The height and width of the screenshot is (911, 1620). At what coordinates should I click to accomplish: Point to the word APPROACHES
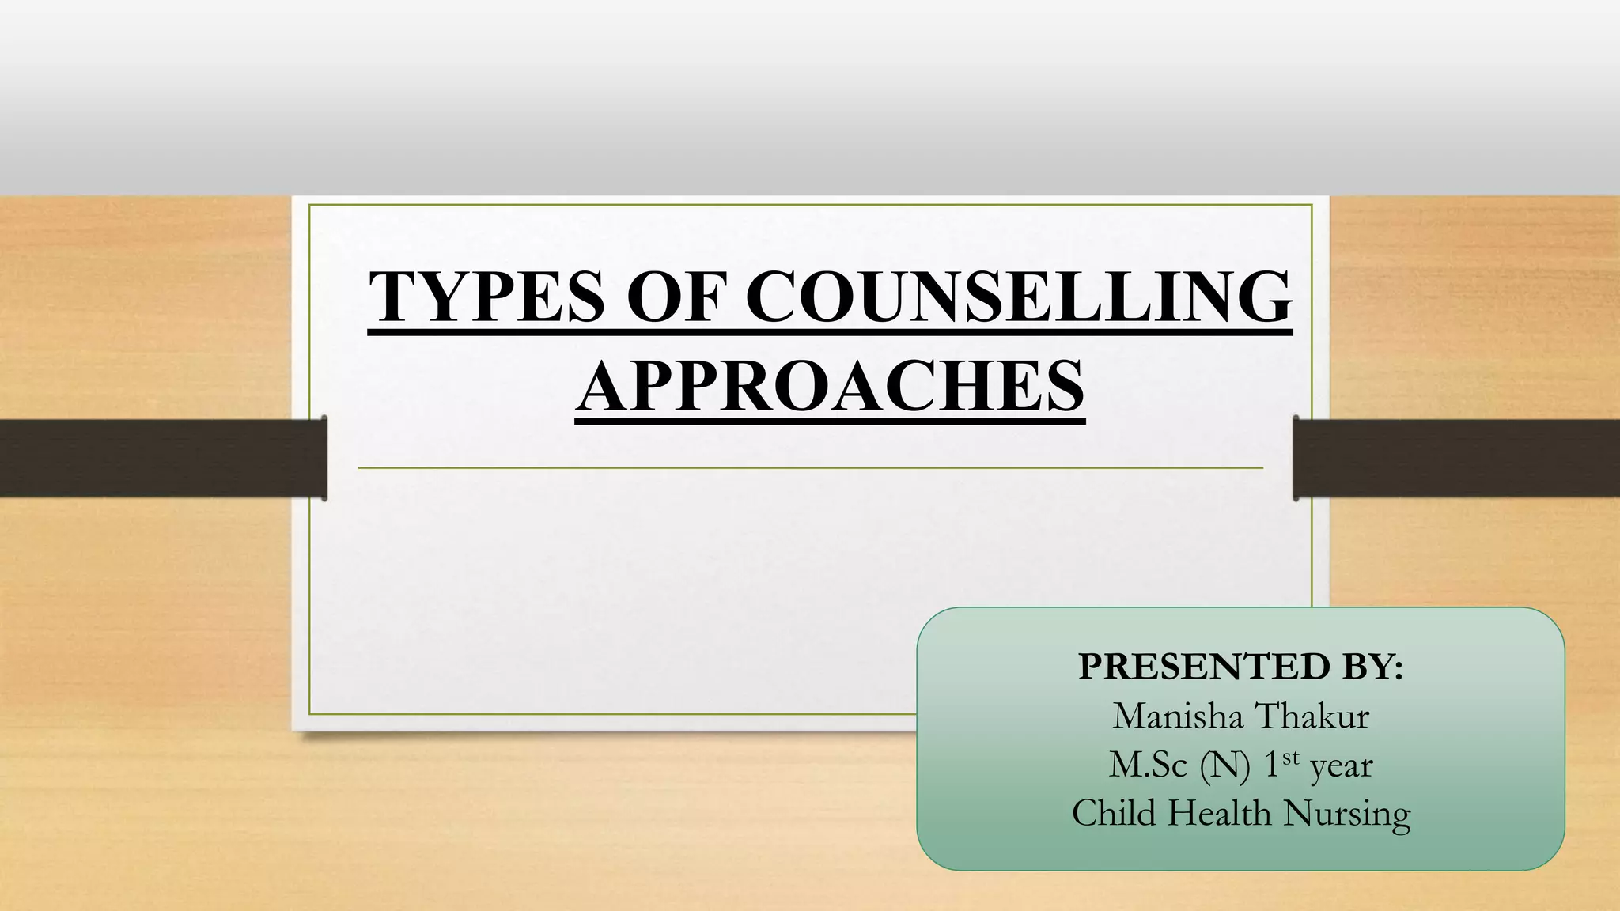coord(830,387)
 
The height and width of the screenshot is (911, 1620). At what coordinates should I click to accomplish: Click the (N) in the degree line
coord(1224,765)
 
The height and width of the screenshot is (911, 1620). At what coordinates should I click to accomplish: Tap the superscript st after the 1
coord(1291,758)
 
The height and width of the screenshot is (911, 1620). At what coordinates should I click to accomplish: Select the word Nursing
coord(1347,815)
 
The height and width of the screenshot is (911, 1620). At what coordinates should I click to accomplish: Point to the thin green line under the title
coord(810,468)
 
